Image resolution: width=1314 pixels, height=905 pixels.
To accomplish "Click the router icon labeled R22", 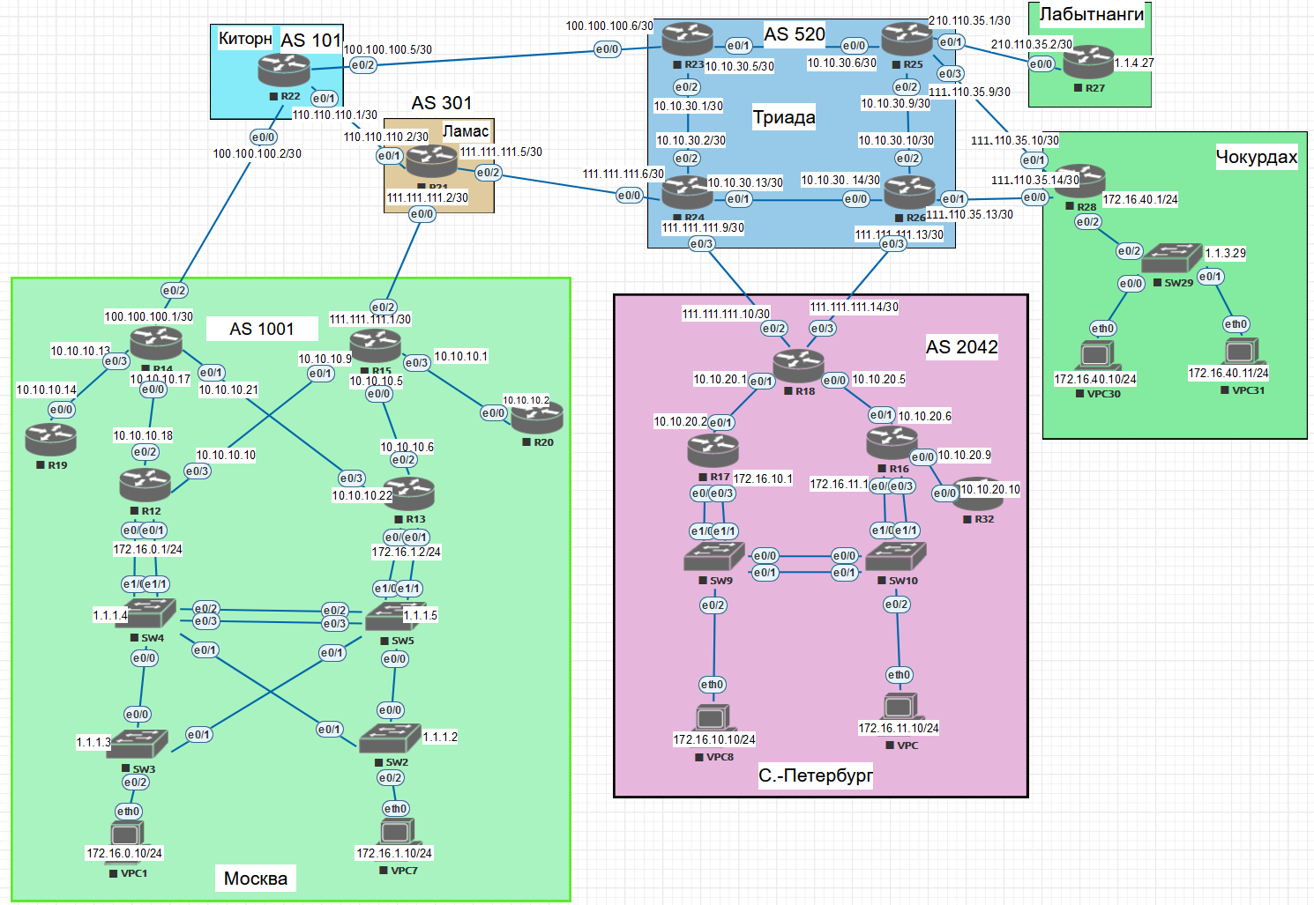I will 284,70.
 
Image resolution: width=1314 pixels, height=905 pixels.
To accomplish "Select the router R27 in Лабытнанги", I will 1088,62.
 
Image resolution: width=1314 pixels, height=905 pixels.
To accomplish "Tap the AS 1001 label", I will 261,329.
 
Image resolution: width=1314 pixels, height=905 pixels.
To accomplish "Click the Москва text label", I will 255,878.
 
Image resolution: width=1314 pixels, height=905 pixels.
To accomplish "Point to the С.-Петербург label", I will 815,775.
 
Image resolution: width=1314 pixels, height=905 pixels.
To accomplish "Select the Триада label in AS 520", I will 783,117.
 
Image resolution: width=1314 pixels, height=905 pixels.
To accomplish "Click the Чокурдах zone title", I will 1256,157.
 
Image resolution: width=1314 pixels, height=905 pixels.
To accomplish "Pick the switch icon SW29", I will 1171,258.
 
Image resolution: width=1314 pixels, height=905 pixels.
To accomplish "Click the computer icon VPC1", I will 127,833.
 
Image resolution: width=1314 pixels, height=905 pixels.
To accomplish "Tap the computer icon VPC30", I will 1097,355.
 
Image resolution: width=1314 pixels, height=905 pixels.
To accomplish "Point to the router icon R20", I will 537,417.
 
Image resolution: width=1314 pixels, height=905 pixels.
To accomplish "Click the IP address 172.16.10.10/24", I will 713,739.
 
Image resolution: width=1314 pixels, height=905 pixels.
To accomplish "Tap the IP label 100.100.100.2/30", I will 257,153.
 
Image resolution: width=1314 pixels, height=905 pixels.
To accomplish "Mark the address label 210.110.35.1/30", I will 969,20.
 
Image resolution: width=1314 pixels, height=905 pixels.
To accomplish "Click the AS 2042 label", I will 961,347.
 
